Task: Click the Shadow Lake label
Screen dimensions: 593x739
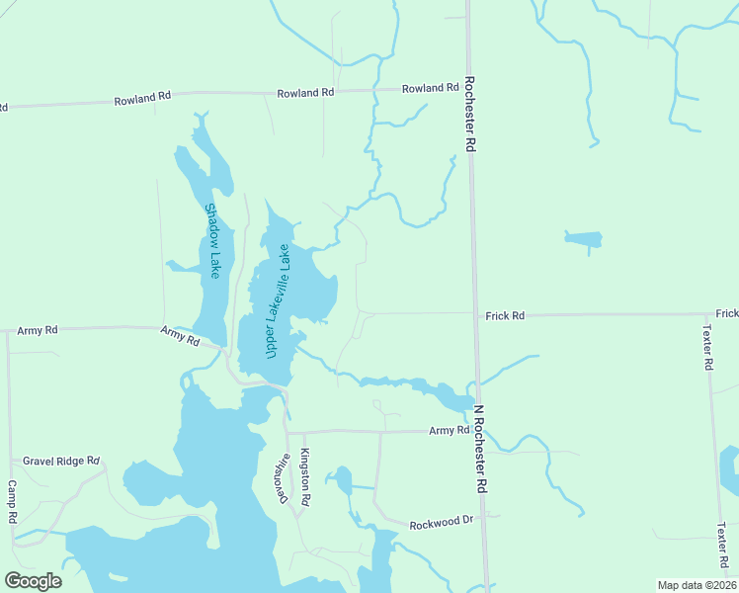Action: click(211, 240)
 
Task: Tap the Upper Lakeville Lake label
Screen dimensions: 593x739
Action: click(275, 300)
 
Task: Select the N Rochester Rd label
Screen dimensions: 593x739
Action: click(479, 450)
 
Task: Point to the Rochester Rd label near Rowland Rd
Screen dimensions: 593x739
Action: click(470, 115)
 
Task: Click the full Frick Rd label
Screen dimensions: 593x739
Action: click(505, 315)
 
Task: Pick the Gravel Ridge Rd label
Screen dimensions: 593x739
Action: click(62, 461)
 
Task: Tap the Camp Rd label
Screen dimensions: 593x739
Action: click(13, 502)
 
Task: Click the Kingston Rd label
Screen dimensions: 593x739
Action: click(306, 477)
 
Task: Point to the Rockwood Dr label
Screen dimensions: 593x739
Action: click(442, 520)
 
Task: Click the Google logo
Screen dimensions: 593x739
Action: click(33, 581)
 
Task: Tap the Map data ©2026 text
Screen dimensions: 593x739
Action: click(697, 585)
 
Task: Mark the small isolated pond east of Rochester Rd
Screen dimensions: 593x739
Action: click(583, 239)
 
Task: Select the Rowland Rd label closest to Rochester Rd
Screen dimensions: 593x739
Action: click(430, 89)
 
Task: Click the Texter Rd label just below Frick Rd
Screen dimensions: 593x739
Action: click(707, 347)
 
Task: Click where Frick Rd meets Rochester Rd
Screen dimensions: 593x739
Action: click(473, 313)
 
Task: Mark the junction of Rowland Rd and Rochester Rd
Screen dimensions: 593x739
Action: click(467, 88)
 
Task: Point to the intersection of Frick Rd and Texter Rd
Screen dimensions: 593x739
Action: click(707, 314)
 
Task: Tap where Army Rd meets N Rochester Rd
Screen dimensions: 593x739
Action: click(479, 431)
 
